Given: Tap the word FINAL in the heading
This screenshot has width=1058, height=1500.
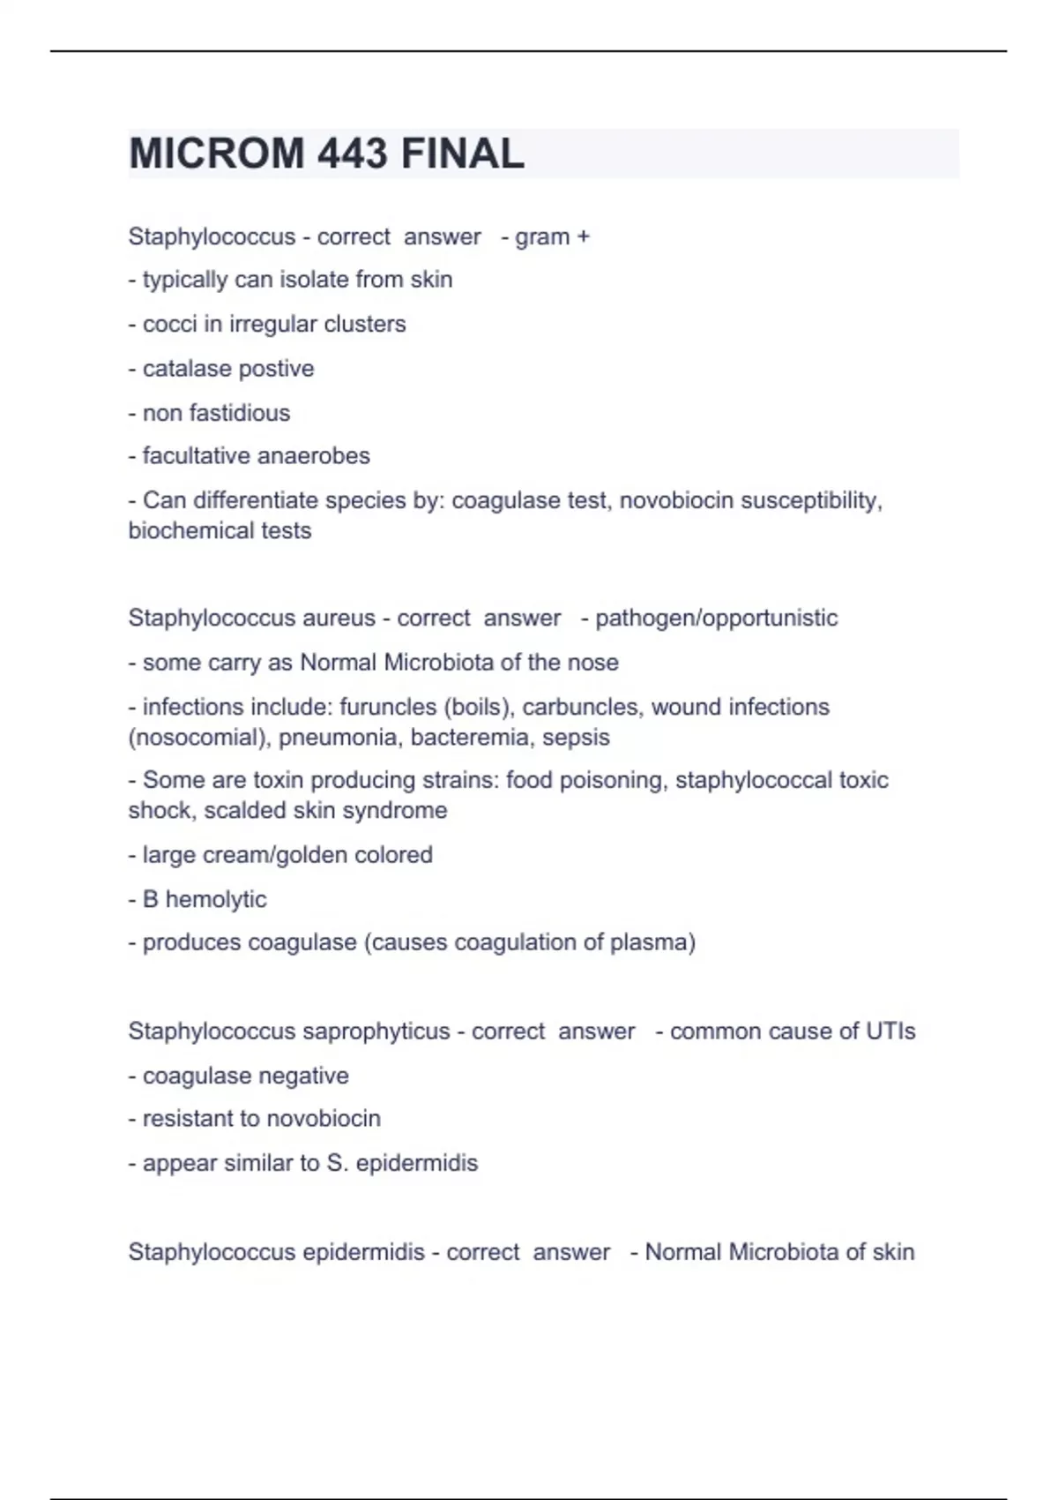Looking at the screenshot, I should (462, 154).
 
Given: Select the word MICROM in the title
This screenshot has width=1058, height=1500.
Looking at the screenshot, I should (217, 154).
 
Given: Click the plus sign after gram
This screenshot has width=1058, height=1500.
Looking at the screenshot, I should (582, 237).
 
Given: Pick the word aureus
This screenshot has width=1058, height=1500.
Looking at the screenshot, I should (338, 618).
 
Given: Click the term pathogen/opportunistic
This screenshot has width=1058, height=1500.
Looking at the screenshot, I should (716, 618).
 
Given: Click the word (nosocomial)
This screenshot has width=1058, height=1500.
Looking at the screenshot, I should (199, 738).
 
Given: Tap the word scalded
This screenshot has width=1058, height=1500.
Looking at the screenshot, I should (238, 811).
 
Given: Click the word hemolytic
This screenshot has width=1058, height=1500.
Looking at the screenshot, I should (216, 899).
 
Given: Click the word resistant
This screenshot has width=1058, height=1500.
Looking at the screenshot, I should (187, 1119).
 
